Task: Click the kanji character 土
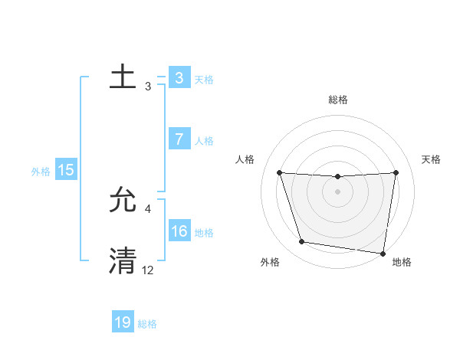(x=123, y=77)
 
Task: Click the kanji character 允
(x=123, y=201)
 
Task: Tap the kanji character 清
(x=123, y=260)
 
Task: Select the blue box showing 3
(x=179, y=77)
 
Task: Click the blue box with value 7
(x=179, y=139)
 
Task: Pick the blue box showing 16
(x=179, y=231)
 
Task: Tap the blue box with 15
(x=66, y=170)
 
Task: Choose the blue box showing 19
(x=123, y=322)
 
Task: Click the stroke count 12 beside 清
(x=148, y=270)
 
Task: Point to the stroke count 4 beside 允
(x=148, y=208)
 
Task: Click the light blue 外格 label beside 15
(x=41, y=172)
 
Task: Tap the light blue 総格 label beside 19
(x=147, y=324)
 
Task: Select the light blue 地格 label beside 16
(x=204, y=232)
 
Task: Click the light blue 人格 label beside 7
(x=204, y=141)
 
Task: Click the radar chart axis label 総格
(x=338, y=100)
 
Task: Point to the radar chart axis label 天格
(x=431, y=159)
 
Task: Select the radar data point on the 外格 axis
(x=302, y=242)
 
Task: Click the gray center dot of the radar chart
(x=337, y=191)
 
